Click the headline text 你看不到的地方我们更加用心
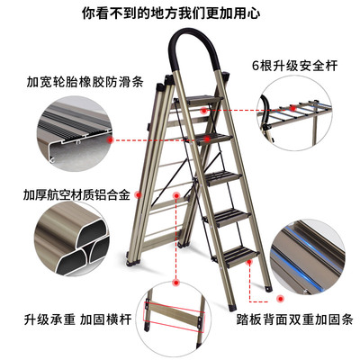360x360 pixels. (171, 13)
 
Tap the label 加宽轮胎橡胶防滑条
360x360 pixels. (85, 82)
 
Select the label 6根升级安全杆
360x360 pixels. (295, 66)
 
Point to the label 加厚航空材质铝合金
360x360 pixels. (76, 195)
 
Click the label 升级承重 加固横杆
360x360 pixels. (78, 319)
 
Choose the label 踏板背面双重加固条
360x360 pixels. (295, 319)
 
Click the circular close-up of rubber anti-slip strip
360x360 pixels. (74, 134)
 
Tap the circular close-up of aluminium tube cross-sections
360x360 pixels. (72, 239)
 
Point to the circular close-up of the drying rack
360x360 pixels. (295, 113)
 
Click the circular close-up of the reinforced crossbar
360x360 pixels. (175, 319)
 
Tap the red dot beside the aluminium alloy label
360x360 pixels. (138, 195)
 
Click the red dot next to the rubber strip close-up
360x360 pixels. (110, 139)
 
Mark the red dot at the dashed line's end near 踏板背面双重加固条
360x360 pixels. (281, 299)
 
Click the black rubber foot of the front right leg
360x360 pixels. (232, 307)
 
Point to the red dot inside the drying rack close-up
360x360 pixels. (293, 108)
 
